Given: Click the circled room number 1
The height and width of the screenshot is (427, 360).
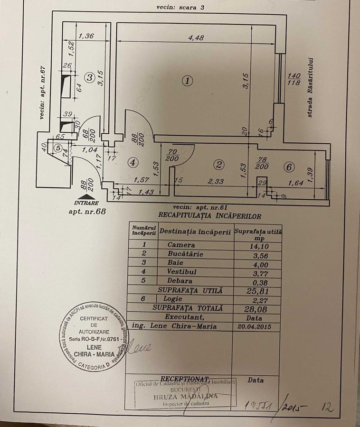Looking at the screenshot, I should click(188, 81).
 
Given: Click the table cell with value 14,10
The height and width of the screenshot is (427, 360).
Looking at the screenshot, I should click(258, 245).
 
